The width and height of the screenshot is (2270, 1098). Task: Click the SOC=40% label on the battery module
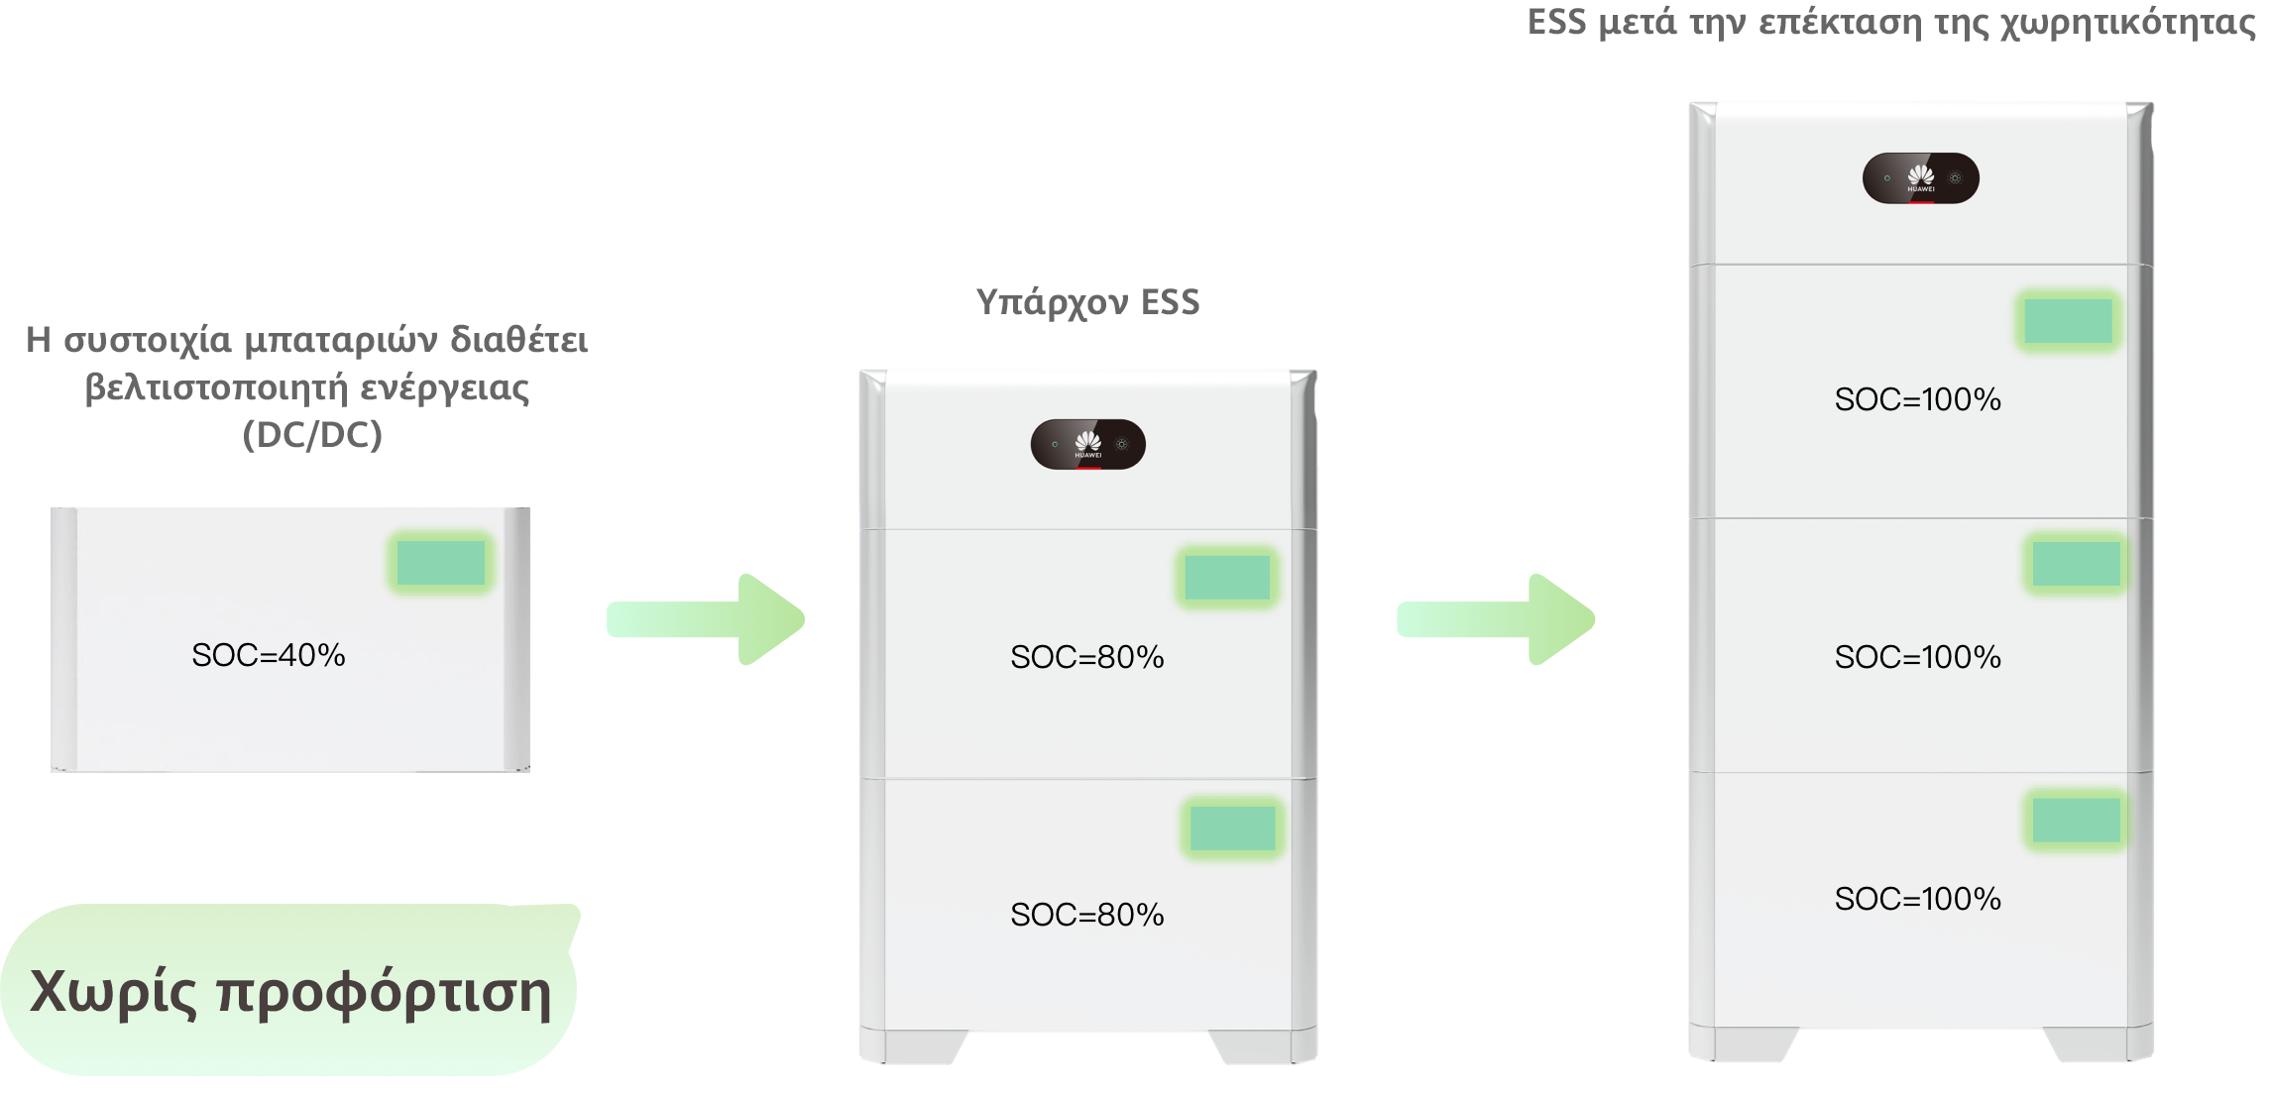(x=269, y=655)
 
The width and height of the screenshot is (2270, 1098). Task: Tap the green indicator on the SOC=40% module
(x=441, y=563)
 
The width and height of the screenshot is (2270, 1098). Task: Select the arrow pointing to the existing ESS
(x=706, y=619)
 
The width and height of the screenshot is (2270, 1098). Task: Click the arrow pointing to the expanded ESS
(x=1496, y=619)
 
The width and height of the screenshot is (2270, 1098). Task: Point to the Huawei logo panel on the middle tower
(x=1088, y=444)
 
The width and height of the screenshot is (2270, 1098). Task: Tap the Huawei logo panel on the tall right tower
(x=1921, y=178)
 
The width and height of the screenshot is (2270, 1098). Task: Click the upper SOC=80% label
(x=1087, y=657)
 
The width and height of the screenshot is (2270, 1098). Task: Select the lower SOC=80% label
(x=1087, y=915)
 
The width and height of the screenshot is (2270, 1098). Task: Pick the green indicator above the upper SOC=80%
(x=1227, y=577)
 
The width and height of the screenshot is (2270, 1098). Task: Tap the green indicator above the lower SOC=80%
(x=1233, y=827)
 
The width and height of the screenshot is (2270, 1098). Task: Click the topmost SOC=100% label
(x=1918, y=399)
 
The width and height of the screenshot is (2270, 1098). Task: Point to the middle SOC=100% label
(x=1918, y=657)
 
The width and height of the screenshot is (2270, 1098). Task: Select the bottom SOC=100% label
(x=1918, y=899)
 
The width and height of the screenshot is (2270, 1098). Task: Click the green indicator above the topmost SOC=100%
(x=2068, y=321)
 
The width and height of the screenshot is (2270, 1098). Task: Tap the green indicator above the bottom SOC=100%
(x=2077, y=821)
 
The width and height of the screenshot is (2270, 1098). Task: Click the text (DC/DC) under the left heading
(x=312, y=435)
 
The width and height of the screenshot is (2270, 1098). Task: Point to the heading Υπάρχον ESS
(x=1088, y=302)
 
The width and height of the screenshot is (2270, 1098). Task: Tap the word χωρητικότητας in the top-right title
(x=2128, y=23)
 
